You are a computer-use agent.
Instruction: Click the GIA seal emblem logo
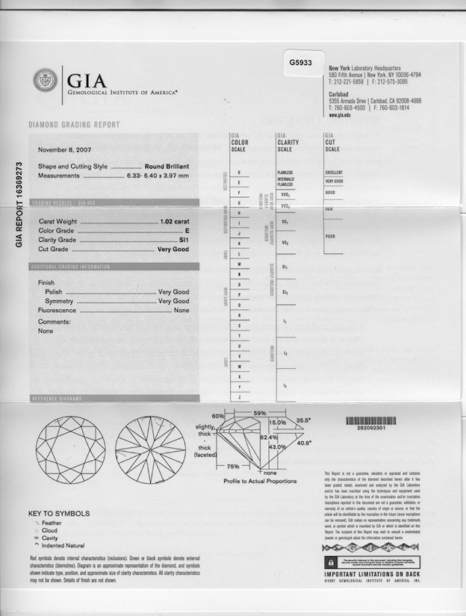coord(45,80)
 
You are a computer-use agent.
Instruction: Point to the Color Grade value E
coord(186,231)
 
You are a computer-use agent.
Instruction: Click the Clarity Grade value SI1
coord(184,240)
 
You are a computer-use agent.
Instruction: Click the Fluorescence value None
coord(181,310)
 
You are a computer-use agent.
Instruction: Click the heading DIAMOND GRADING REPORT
coord(73,125)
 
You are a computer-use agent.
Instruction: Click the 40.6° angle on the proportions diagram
coord(303,443)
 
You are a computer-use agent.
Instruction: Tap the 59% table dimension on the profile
coord(260,413)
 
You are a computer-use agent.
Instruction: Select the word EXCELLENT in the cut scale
coord(334,172)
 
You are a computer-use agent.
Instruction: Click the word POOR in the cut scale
coord(330,236)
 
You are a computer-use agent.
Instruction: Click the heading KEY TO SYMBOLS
coord(59,514)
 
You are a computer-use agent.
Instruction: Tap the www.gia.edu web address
coord(340,116)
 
